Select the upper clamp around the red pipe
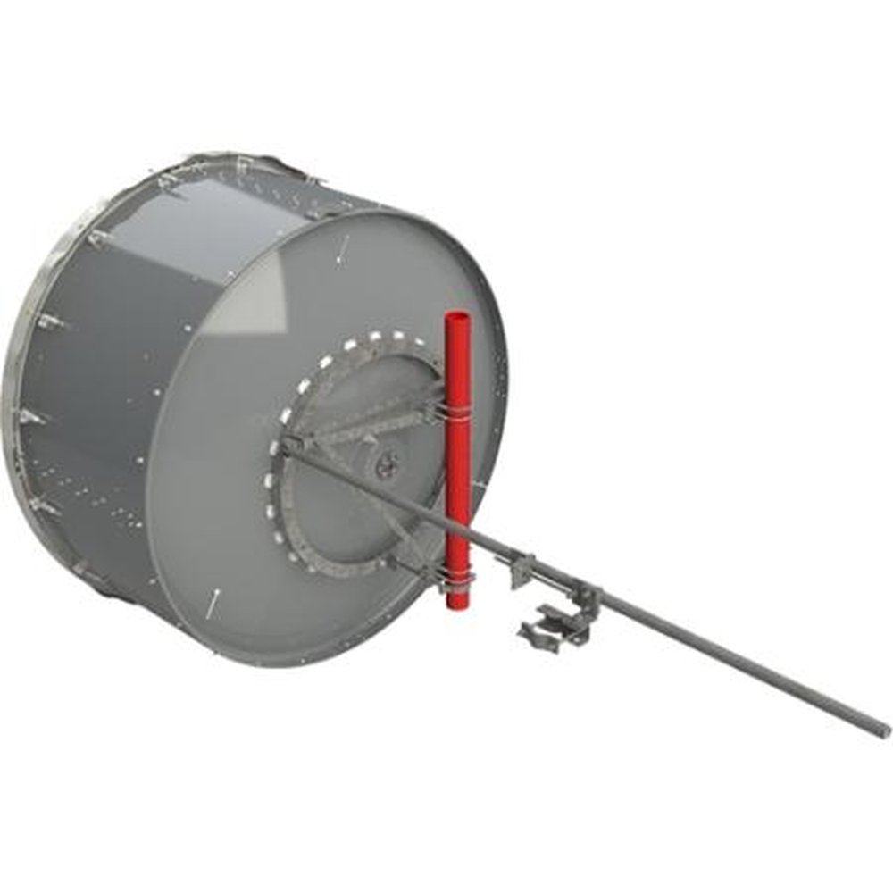click(x=456, y=409)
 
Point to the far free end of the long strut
click(x=883, y=730)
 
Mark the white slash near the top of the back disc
click(x=343, y=251)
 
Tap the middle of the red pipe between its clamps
click(x=457, y=491)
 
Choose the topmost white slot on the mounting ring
click(x=376, y=337)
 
